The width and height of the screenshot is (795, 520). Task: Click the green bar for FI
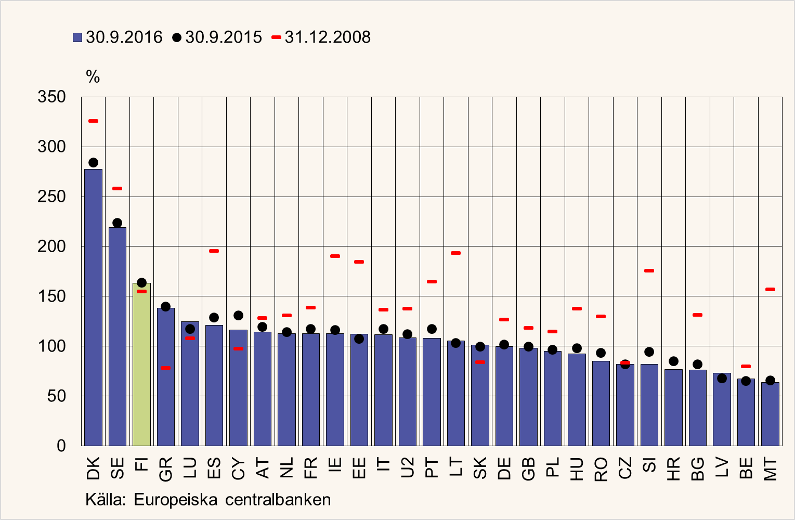(141, 364)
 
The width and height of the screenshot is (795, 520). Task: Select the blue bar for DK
(93, 307)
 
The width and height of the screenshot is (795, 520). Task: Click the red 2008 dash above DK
(93, 121)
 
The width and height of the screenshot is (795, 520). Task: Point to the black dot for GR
(165, 307)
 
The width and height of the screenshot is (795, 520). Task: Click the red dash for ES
(214, 251)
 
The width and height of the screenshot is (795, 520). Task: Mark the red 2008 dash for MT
(770, 290)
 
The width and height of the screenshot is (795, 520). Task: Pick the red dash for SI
(649, 271)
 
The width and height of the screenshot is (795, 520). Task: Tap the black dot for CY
(238, 316)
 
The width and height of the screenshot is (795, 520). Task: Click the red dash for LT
(455, 253)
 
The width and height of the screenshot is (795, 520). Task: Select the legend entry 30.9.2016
(118, 37)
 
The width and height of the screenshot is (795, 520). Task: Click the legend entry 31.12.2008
(321, 37)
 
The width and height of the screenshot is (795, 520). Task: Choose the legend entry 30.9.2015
(218, 37)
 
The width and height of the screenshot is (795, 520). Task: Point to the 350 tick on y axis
(52, 97)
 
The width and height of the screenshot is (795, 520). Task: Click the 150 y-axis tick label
(52, 296)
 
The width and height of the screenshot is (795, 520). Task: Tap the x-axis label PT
(432, 469)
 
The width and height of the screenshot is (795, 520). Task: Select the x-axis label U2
(408, 469)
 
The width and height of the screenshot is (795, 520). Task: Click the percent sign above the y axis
(93, 77)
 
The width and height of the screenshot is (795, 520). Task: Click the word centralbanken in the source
(278, 500)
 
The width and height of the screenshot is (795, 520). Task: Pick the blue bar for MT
(770, 414)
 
